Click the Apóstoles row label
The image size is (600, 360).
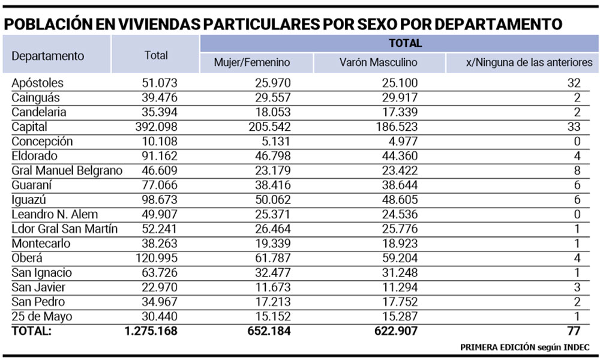point(37,83)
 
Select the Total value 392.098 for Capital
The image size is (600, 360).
point(154,127)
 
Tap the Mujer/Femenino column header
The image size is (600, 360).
point(252,62)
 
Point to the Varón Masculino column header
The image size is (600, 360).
point(378,62)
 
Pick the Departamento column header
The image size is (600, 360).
point(48,56)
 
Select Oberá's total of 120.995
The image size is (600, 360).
point(154,259)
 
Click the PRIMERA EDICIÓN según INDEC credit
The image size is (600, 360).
point(525,347)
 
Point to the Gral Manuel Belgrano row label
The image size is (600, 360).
point(67,171)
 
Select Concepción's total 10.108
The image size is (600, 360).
point(157,142)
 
